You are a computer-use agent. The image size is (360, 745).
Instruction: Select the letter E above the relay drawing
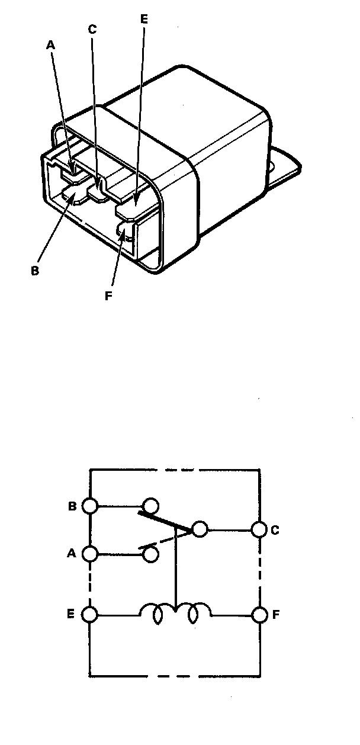click(144, 19)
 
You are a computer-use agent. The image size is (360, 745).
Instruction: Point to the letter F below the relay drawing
click(108, 296)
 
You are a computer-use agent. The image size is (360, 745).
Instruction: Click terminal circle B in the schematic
click(90, 506)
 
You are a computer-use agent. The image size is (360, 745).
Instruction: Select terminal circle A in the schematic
click(90, 554)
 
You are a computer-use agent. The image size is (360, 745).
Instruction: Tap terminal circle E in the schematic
click(90, 614)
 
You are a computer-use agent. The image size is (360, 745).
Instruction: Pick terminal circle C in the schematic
click(259, 529)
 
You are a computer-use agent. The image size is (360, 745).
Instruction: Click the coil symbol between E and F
click(175, 614)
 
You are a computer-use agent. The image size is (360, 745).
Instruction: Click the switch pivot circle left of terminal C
click(200, 529)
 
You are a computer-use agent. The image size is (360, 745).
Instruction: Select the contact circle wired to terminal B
click(151, 506)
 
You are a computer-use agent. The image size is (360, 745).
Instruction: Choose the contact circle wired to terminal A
click(151, 554)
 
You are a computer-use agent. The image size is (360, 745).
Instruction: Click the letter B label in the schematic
click(72, 506)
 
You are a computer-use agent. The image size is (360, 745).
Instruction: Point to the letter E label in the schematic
click(72, 614)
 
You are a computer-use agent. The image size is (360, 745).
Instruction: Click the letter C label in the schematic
click(275, 530)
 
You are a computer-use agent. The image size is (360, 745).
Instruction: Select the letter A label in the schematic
click(72, 554)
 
